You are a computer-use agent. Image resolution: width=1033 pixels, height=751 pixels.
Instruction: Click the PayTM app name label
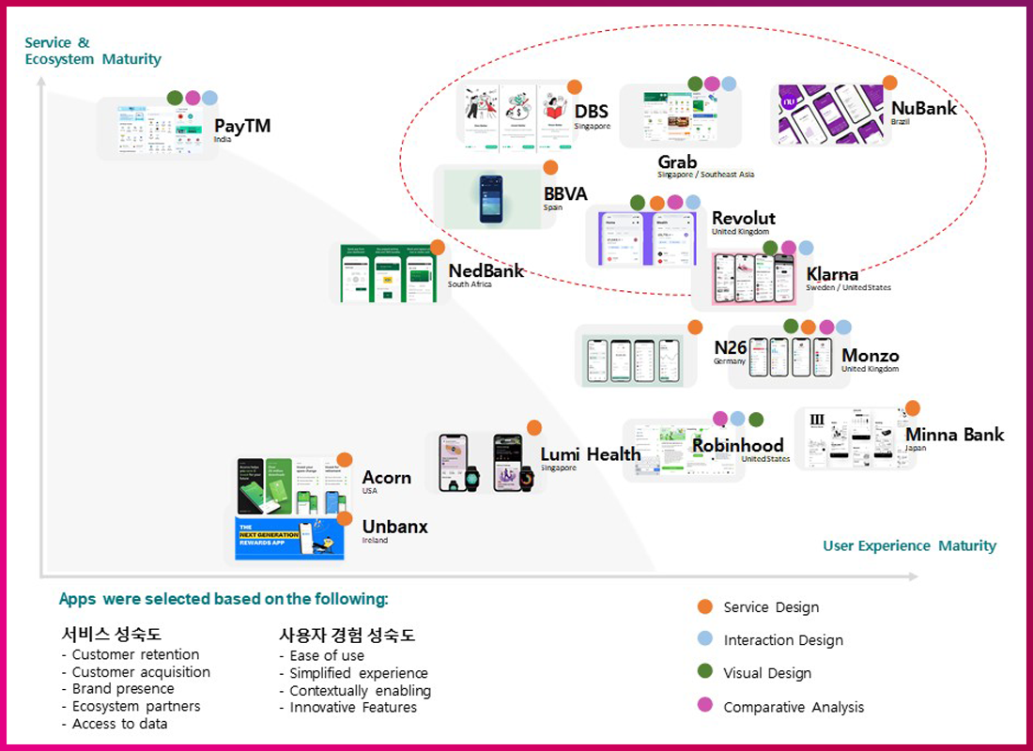tap(242, 126)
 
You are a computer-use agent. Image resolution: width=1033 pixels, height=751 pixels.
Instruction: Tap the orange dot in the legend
tap(704, 606)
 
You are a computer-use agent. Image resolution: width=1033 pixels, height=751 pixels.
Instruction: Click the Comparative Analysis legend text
tap(794, 707)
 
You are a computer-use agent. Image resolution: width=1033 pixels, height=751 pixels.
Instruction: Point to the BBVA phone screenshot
tap(491, 198)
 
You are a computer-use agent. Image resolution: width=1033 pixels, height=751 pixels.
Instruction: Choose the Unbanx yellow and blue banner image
tap(289, 538)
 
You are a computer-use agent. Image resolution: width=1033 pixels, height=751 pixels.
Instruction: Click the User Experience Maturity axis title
tap(909, 545)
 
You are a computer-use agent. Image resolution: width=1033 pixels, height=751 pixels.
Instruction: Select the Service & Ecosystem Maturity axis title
tap(93, 51)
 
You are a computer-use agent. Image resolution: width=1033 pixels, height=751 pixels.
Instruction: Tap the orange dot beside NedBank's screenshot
tap(437, 248)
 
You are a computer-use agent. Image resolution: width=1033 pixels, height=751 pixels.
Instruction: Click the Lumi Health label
tap(590, 454)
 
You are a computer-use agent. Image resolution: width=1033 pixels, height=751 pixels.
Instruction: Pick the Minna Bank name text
tap(954, 435)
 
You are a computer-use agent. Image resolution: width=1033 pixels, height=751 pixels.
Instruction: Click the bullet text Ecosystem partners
tap(136, 706)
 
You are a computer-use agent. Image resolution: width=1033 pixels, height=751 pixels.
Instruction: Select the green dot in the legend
tap(704, 672)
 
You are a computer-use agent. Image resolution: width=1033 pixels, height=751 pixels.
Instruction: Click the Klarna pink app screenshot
tap(748, 279)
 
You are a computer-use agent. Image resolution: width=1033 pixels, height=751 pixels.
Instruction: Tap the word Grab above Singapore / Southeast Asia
tap(677, 161)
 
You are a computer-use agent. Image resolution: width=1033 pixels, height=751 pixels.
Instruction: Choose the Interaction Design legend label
tap(783, 640)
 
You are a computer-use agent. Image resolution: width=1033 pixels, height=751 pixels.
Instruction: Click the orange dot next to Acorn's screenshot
tap(345, 460)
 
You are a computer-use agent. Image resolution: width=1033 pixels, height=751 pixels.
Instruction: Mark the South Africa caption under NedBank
tap(470, 284)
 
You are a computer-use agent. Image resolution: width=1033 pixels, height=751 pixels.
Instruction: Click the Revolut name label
tap(743, 218)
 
